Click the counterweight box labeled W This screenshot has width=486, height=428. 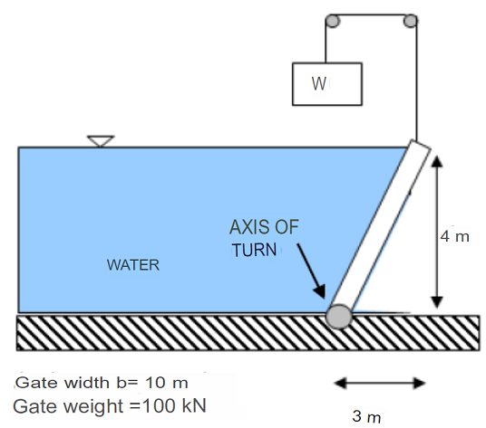[x=326, y=83]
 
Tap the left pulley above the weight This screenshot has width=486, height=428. [x=332, y=21]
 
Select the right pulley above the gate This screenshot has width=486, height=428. [x=412, y=21]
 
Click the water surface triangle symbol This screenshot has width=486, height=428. [x=100, y=141]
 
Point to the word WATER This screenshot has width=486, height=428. [x=133, y=266]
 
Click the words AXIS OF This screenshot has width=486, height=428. [x=263, y=227]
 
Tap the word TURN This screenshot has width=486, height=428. [x=254, y=251]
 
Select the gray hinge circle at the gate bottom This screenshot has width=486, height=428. [x=339, y=316]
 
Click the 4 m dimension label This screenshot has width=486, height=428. [x=455, y=237]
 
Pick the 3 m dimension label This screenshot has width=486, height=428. [x=366, y=416]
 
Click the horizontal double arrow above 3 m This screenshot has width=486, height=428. [x=380, y=383]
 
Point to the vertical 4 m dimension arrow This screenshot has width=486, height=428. [x=436, y=232]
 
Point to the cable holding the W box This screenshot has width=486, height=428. [x=326, y=42]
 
